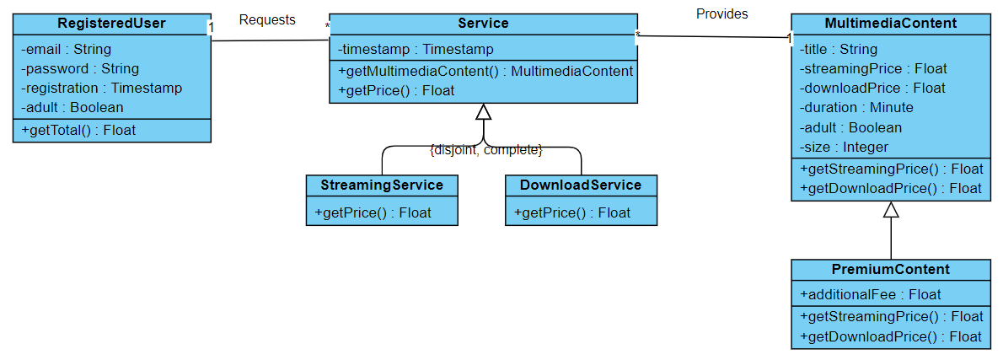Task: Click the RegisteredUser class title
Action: coord(111,24)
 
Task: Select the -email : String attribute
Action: coord(67,49)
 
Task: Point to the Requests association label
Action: coord(267,19)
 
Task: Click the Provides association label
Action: coord(721,13)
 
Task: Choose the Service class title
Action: coord(483,24)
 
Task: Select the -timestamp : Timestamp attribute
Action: coord(416,49)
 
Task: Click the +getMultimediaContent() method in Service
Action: coord(485,71)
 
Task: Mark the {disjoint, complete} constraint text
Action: coord(485,150)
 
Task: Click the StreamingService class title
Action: coord(382,185)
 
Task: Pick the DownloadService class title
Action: coord(581,185)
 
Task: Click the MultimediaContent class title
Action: coord(890,24)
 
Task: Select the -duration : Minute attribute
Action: coord(856,107)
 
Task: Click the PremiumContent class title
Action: coord(890,270)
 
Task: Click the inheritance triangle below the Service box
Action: coord(483,112)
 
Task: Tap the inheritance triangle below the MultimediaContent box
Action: coord(891,210)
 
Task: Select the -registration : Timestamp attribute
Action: coord(101,88)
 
